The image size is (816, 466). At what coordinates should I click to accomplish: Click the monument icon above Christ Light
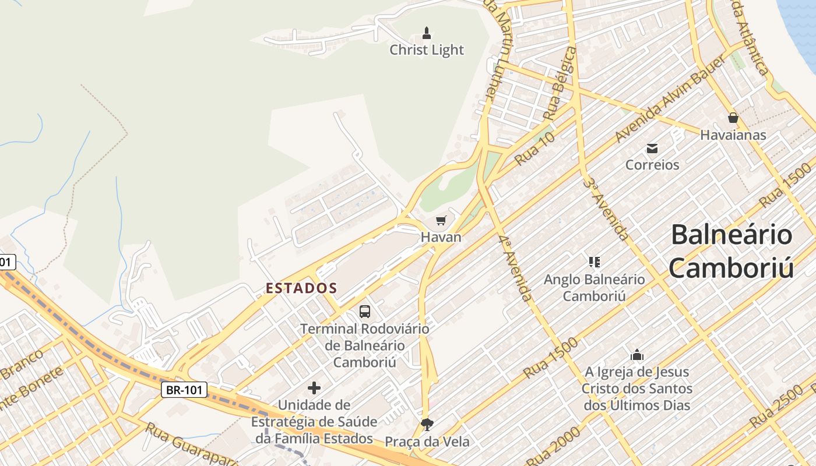pyautogui.click(x=427, y=33)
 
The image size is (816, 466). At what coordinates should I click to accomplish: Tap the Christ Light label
pyautogui.click(x=427, y=50)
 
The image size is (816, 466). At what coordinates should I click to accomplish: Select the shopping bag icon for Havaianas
pyautogui.click(x=733, y=118)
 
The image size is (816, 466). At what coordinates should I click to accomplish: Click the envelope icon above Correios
pyautogui.click(x=652, y=149)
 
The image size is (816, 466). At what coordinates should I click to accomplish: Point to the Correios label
pyautogui.click(x=652, y=165)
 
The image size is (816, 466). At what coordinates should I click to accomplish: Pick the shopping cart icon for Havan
pyautogui.click(x=441, y=221)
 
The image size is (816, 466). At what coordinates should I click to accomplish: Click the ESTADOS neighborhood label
pyautogui.click(x=301, y=288)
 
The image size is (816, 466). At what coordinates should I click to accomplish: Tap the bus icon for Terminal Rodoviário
pyautogui.click(x=365, y=312)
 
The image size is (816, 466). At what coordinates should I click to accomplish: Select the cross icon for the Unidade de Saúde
pyautogui.click(x=314, y=387)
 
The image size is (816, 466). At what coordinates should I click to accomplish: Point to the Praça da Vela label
pyautogui.click(x=427, y=441)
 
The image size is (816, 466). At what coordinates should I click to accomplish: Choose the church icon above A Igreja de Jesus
pyautogui.click(x=637, y=355)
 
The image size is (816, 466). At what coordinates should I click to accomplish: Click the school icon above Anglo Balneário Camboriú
pyautogui.click(x=594, y=262)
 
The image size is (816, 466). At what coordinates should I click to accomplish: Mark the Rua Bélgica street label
pyautogui.click(x=560, y=84)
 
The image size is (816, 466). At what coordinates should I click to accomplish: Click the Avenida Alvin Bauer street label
pyautogui.click(x=670, y=100)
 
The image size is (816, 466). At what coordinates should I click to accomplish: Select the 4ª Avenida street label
pyautogui.click(x=515, y=267)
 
